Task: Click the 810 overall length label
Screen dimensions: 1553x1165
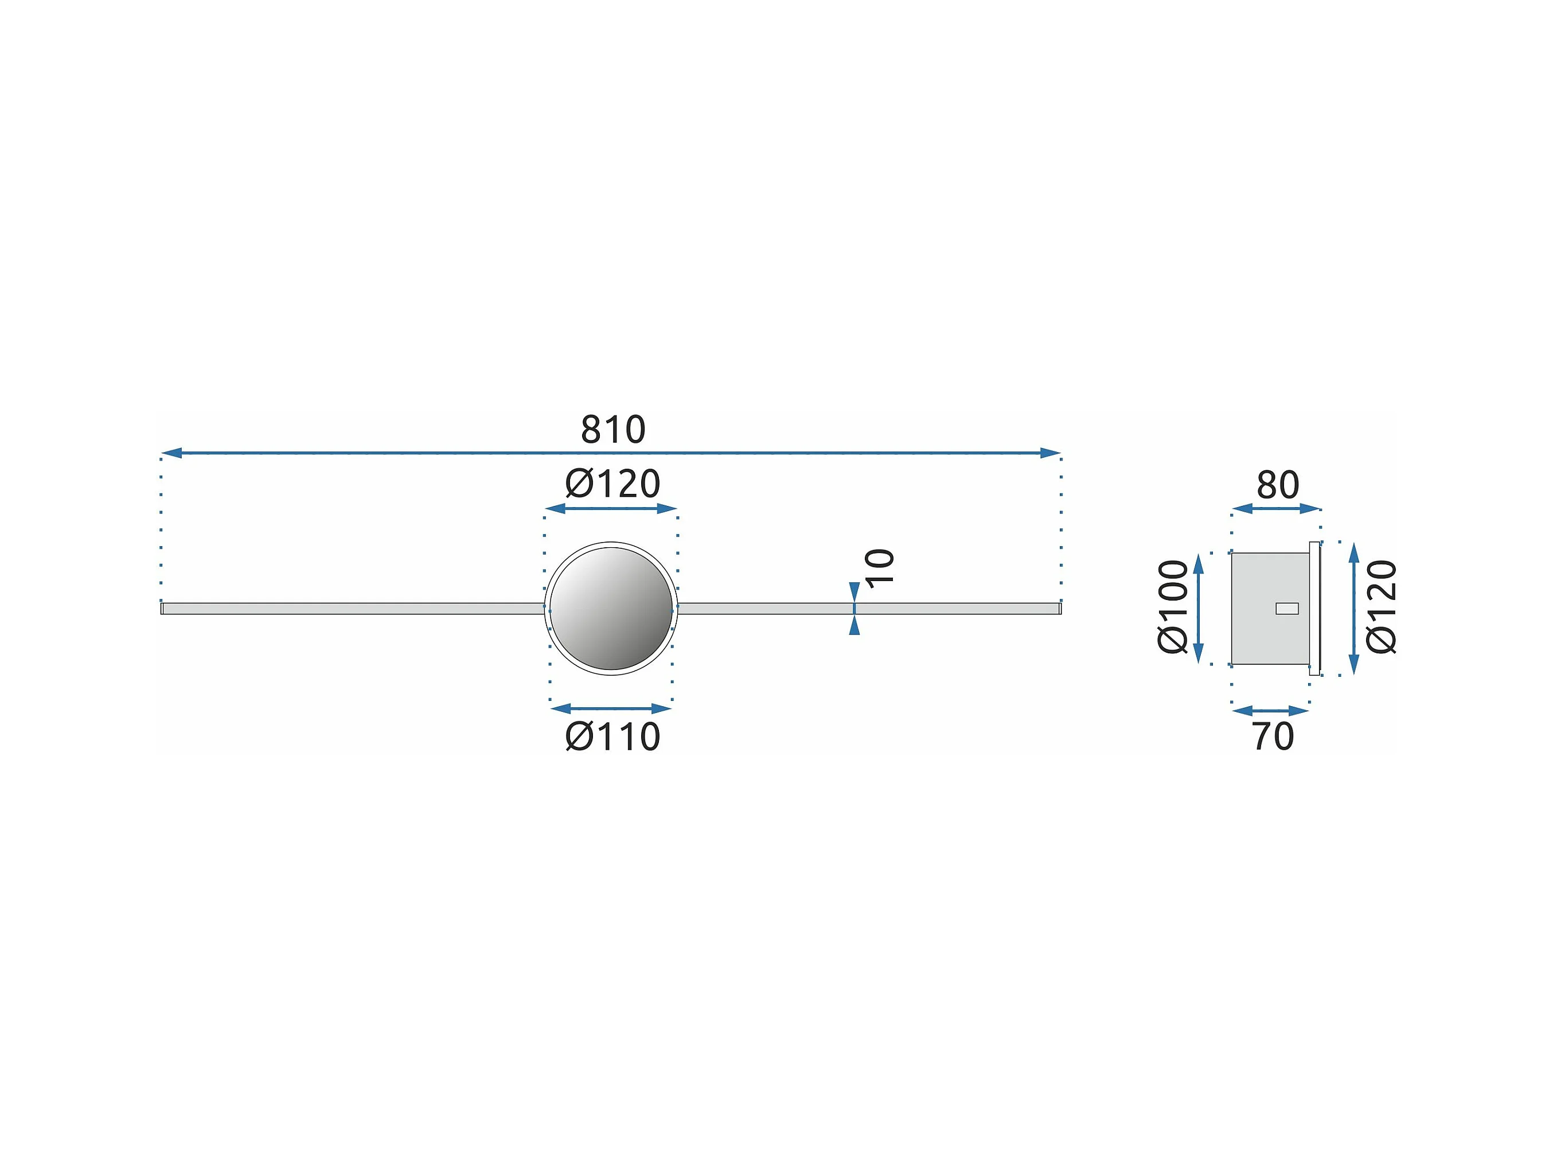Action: pos(613,430)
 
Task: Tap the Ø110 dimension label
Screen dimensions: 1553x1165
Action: pos(613,737)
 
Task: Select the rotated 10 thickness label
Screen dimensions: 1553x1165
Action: pos(880,569)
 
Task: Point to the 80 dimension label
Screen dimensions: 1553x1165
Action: pos(1278,485)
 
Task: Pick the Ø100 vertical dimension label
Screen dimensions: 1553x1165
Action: pos(1172,607)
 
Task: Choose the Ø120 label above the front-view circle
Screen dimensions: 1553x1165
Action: pos(613,484)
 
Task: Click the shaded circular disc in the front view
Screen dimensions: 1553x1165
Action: pos(611,609)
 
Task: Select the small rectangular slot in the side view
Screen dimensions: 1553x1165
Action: pos(1287,609)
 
